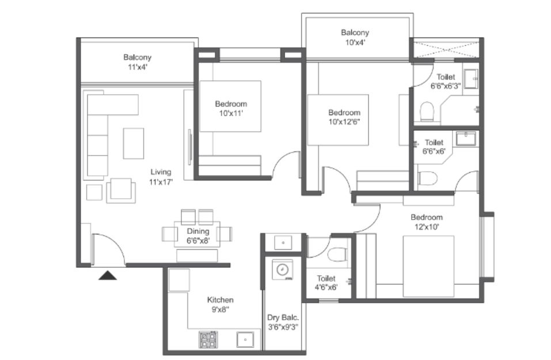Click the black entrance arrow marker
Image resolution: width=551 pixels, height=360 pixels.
click(x=108, y=275)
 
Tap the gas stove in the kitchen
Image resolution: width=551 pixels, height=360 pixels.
click(x=208, y=339)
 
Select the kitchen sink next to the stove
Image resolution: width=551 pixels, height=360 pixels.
click(x=245, y=340)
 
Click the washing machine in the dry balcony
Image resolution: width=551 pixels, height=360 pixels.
click(x=283, y=270)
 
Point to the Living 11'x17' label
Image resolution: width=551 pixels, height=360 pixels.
click(x=161, y=177)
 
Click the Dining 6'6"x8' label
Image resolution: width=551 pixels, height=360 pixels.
click(x=198, y=236)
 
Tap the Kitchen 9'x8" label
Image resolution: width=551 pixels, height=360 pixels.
click(x=221, y=305)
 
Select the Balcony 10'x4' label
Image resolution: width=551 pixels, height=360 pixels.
click(x=355, y=37)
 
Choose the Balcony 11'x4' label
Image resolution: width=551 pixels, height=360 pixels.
click(x=138, y=62)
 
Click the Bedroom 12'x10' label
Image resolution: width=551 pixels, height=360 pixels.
click(x=427, y=222)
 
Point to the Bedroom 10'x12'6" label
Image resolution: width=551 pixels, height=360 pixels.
click(x=344, y=117)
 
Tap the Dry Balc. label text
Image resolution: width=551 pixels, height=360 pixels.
click(x=283, y=317)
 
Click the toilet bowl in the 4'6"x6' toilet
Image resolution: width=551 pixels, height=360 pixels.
click(x=337, y=255)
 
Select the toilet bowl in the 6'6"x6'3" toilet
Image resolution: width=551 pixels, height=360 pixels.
click(x=427, y=111)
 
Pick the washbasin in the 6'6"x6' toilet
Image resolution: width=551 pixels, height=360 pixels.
click(x=466, y=138)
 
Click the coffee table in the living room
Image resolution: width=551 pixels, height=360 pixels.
click(x=134, y=143)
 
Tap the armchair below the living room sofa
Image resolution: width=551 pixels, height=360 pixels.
click(x=121, y=191)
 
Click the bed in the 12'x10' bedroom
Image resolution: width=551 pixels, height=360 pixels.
click(x=428, y=266)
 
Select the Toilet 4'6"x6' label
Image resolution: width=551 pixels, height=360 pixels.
click(x=326, y=283)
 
